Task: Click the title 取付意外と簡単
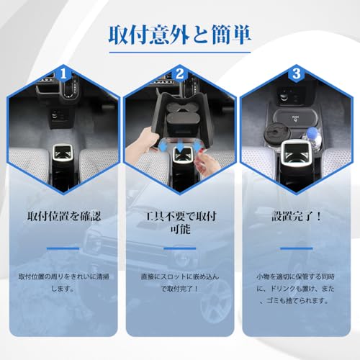pyautogui.click(x=180, y=34)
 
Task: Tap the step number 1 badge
pyautogui.click(x=63, y=73)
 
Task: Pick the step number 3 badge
pyautogui.click(x=297, y=73)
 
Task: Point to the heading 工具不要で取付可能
pyautogui.click(x=180, y=223)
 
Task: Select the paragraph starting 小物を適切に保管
pyautogui.click(x=297, y=290)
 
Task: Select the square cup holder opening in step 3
pyautogui.click(x=297, y=153)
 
